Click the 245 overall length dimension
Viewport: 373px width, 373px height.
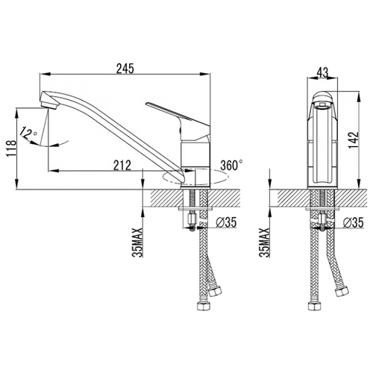(x=125, y=69)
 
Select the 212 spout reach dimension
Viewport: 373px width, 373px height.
(x=122, y=166)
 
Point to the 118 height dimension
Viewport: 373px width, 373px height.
(x=11, y=148)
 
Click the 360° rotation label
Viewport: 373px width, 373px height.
(x=232, y=165)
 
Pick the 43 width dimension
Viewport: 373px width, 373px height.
(x=322, y=72)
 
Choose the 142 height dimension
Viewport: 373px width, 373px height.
(x=354, y=140)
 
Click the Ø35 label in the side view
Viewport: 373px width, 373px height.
(x=226, y=222)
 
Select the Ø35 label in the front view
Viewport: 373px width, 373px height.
(x=353, y=222)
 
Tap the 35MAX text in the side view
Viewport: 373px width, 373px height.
(x=137, y=242)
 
